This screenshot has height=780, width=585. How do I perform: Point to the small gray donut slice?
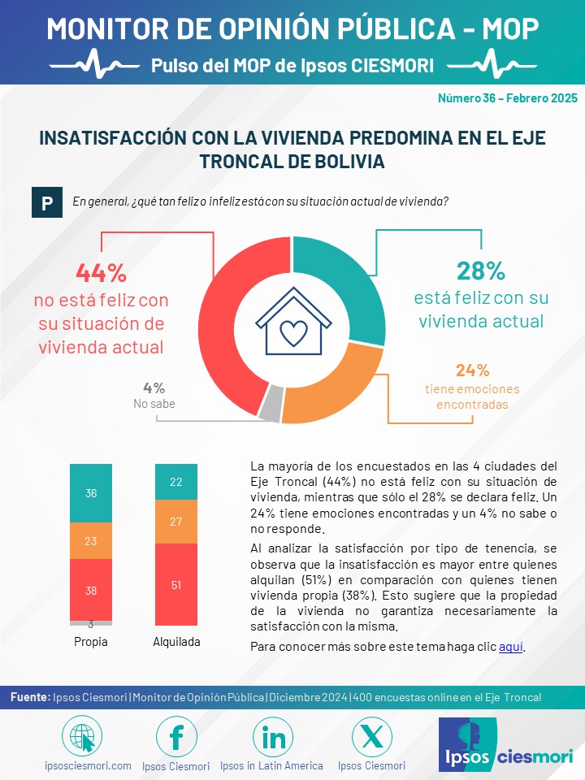(271, 404)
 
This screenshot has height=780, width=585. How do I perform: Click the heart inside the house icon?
(293, 332)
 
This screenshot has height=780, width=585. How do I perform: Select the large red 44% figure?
(102, 273)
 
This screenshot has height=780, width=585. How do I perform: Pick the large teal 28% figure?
(480, 271)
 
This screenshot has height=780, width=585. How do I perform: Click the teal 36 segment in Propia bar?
(91, 493)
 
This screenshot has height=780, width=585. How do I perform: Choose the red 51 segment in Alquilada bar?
(176, 584)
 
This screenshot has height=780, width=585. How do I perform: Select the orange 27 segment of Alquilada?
(176, 522)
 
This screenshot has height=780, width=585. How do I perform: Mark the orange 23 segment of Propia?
(91, 541)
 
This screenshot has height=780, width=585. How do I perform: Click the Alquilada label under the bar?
(176, 642)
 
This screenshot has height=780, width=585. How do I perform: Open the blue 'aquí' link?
(511, 647)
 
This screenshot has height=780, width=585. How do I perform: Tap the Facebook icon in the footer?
(176, 737)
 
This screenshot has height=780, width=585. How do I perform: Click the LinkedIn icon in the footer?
(273, 737)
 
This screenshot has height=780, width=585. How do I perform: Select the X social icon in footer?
(371, 737)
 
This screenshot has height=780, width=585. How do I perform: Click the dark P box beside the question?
(47, 202)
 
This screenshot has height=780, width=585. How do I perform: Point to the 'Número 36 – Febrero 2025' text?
(507, 98)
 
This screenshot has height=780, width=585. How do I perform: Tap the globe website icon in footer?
(82, 737)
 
